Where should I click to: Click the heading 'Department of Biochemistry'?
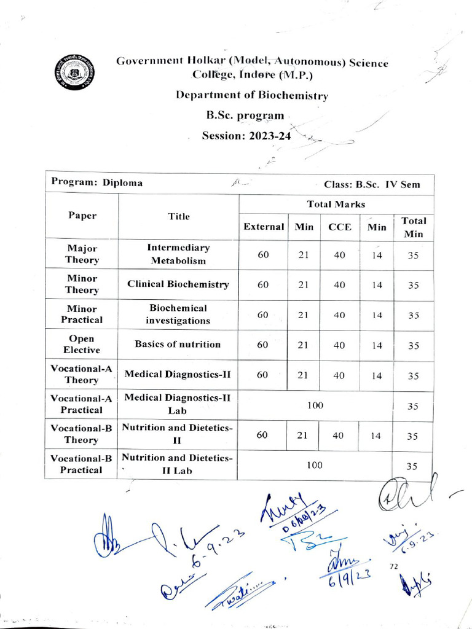point(252,95)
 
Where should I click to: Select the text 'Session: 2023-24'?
point(246,135)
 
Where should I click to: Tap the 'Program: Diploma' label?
point(97,182)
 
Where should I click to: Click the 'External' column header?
point(264,227)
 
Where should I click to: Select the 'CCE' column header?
point(339,227)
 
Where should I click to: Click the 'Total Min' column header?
point(414,227)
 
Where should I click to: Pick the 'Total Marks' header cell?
point(336,204)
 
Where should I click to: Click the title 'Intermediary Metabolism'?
point(178,254)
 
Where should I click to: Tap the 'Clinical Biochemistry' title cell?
point(178,284)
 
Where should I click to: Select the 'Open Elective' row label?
point(82,345)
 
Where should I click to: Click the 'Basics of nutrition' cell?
point(178,344)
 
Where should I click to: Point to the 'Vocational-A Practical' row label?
point(82,404)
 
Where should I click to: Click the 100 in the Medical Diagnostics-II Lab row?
point(315,405)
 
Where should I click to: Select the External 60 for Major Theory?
point(263,255)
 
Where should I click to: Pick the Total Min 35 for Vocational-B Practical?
point(412,466)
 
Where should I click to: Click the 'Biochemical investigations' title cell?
point(178,314)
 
